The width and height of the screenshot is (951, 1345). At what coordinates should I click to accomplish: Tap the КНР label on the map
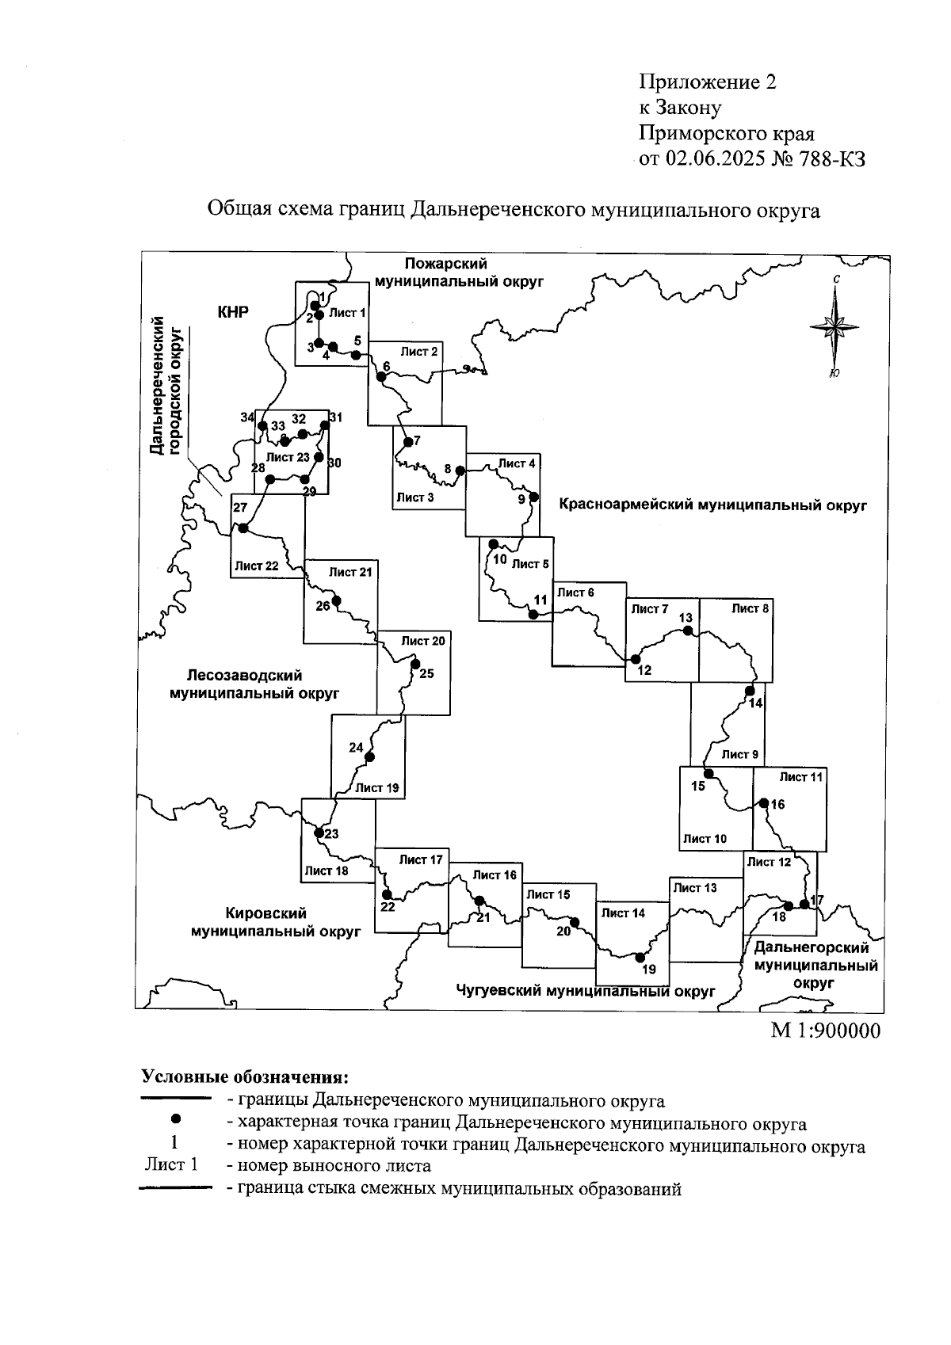tap(233, 312)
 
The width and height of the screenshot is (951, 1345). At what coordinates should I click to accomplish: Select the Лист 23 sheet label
tap(288, 457)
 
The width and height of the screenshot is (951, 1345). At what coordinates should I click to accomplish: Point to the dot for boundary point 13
tap(688, 631)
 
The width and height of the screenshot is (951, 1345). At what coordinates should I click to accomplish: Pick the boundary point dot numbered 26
tap(336, 601)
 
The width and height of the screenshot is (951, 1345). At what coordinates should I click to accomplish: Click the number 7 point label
tap(417, 440)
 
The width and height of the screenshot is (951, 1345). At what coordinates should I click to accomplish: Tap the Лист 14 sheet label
tap(623, 913)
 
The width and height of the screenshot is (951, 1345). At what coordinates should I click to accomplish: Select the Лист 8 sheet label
tap(750, 608)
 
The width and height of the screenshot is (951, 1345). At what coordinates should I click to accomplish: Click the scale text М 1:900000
tap(826, 1031)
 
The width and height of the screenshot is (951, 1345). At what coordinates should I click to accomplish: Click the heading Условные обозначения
tap(244, 1077)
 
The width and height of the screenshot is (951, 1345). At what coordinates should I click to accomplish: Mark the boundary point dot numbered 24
tap(369, 757)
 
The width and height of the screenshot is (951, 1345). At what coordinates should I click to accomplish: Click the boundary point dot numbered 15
tap(708, 773)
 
